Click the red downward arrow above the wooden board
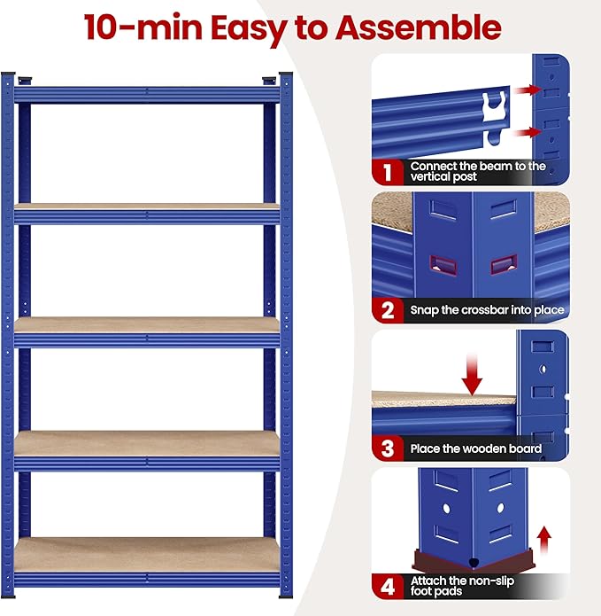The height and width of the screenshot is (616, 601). (x=473, y=374)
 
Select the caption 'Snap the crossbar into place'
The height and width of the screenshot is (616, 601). (x=487, y=311)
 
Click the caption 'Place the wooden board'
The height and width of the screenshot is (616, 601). (x=475, y=449)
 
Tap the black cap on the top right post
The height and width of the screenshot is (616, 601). (x=286, y=76)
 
